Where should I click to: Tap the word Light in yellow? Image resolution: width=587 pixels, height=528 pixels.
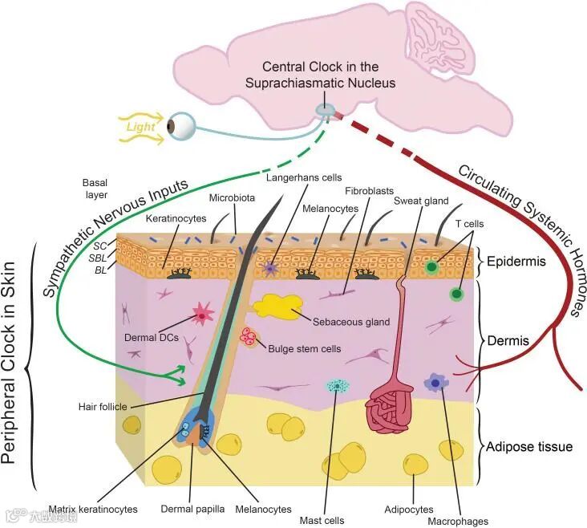140,127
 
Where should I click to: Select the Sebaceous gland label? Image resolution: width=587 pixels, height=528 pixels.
351,322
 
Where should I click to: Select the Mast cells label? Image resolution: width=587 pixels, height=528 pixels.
322,520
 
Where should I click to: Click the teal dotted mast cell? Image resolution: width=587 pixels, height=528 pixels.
338,387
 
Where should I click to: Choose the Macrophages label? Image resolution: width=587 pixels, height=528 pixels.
459,521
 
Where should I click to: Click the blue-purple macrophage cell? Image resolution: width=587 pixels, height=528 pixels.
436,384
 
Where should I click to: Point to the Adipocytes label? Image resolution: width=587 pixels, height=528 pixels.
409,510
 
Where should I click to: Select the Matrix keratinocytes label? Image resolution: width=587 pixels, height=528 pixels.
93,509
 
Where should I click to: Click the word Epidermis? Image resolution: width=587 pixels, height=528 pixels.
516,262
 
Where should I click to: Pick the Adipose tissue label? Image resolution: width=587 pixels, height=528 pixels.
530,446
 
